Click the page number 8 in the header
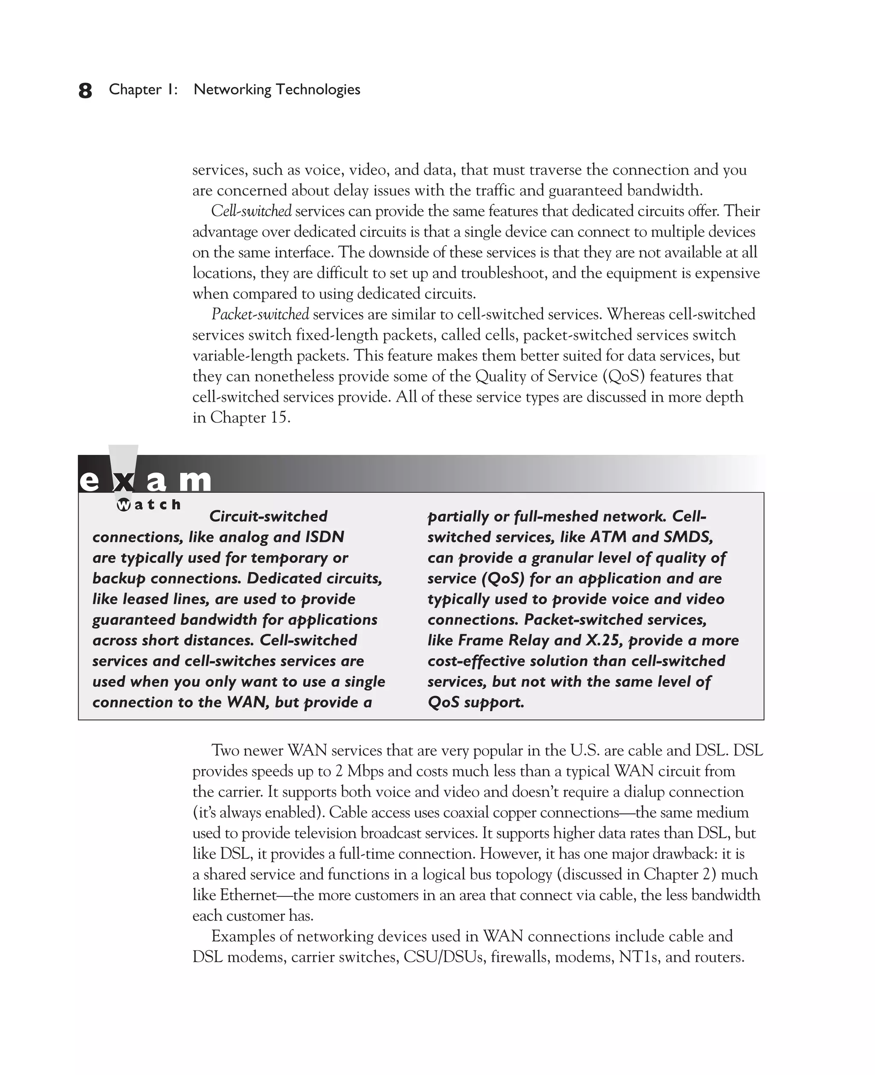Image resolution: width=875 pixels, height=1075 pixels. [x=85, y=91]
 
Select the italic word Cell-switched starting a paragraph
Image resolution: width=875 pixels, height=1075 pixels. [x=251, y=211]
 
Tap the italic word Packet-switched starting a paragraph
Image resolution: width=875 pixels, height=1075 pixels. [x=260, y=314]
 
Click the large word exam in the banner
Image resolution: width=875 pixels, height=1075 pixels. [x=145, y=480]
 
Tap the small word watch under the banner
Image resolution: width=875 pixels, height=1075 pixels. [x=149, y=504]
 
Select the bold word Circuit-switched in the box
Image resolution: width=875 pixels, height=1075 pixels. [x=268, y=516]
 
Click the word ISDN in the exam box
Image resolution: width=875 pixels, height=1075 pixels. [x=325, y=537]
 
